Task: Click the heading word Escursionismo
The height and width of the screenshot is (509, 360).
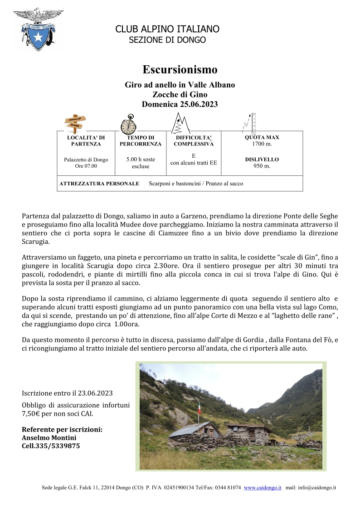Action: (180, 70)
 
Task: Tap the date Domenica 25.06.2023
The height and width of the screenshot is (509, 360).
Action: (180, 104)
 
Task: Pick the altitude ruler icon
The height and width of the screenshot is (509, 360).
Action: (250, 122)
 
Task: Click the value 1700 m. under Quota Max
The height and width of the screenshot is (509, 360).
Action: (262, 144)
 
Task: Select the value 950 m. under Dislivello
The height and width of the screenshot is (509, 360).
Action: (262, 166)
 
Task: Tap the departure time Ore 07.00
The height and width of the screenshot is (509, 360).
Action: (86, 166)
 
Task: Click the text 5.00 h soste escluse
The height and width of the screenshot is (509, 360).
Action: (140, 163)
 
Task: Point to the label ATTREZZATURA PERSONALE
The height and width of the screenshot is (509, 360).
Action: (99, 184)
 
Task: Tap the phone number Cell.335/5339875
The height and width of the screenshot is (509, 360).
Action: (51, 446)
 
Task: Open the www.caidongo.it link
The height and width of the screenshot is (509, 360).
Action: (263, 488)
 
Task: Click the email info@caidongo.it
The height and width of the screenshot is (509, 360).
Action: (316, 488)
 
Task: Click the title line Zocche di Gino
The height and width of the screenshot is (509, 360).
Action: (180, 94)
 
